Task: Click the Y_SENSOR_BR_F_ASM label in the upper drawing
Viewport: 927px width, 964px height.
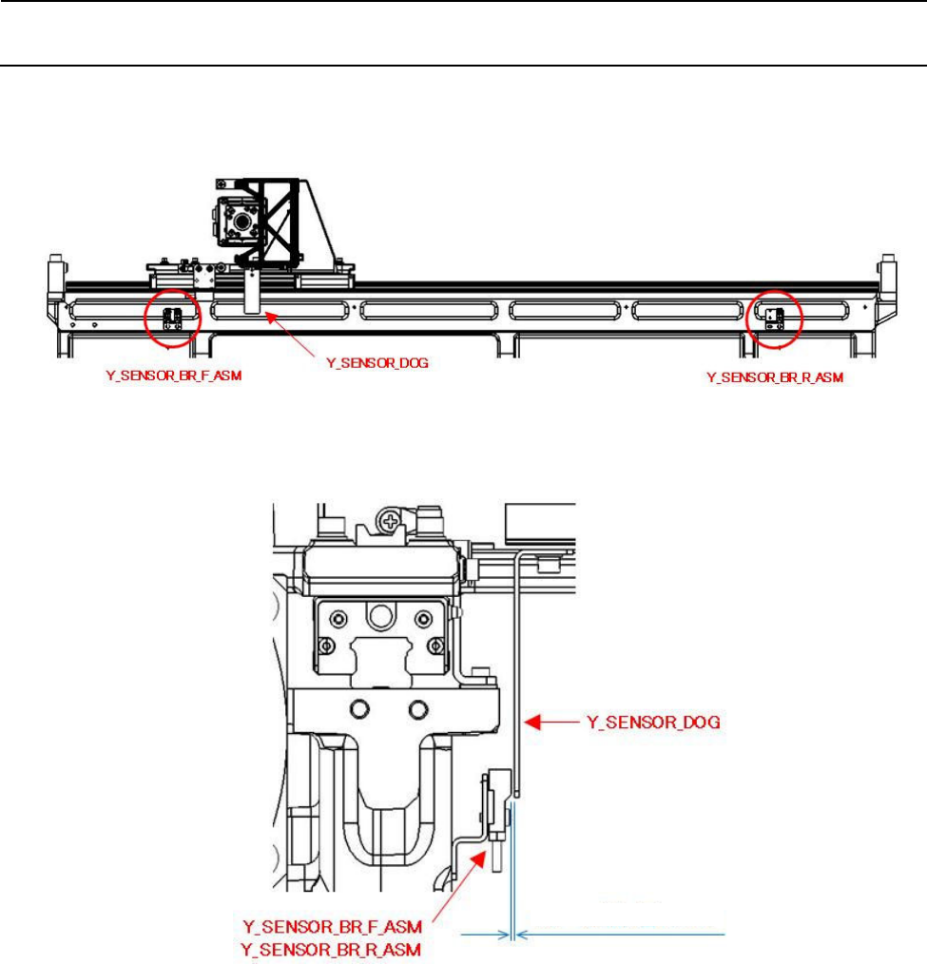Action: tap(173, 376)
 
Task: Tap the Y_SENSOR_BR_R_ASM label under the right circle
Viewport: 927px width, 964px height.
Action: tap(774, 377)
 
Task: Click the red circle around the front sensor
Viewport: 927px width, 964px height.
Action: tap(172, 319)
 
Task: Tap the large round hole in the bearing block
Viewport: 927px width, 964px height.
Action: tap(381, 616)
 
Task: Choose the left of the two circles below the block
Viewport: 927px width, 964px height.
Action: tap(359, 709)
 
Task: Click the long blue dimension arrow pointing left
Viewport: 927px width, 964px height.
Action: tap(623, 936)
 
